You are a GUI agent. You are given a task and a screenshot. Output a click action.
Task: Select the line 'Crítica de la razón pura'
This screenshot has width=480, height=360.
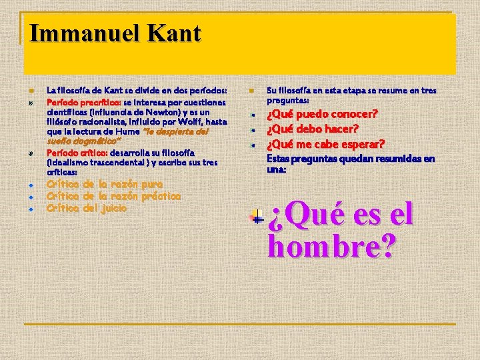[105, 183]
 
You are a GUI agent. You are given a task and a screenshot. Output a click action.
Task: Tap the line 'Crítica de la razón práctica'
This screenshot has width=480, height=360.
[113, 196]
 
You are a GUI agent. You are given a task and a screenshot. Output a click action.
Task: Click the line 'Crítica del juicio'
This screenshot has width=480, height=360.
[87, 208]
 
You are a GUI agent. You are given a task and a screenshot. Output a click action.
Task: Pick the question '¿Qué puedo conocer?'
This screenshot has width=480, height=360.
[323, 114]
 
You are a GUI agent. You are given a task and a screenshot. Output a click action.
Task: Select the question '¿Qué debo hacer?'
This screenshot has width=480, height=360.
[313, 129]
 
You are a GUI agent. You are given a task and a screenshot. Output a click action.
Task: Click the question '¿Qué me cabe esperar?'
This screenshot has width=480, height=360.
[325, 144]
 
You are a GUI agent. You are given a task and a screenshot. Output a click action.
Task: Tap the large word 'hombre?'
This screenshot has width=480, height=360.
[331, 247]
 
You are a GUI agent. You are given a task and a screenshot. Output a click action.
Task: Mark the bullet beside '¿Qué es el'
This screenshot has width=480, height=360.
[256, 217]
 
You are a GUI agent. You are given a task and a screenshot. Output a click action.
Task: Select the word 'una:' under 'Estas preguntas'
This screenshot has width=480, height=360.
[277, 169]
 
